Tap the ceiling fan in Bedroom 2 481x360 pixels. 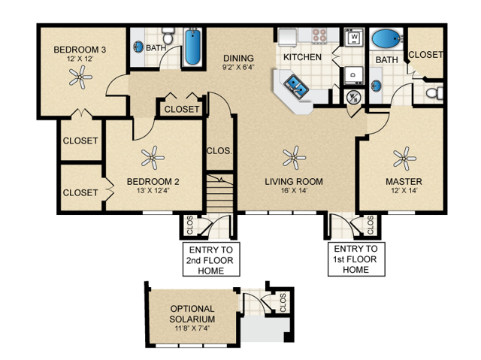pyautogui.click(x=153, y=157)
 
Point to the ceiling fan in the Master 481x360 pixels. pyautogui.click(x=404, y=157)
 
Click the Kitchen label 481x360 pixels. pyautogui.click(x=302, y=57)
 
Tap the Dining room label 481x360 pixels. pyautogui.click(x=238, y=58)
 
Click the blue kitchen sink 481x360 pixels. pyautogui.click(x=295, y=86)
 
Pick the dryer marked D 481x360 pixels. pyautogui.click(x=352, y=73)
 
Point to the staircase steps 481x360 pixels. pyautogui.click(x=221, y=195)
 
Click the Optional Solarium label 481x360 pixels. pyautogui.click(x=192, y=313)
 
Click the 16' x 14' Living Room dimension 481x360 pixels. pyautogui.click(x=294, y=191)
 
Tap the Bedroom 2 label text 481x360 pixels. pyautogui.click(x=153, y=181)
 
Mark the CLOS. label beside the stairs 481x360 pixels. pyautogui.click(x=218, y=150)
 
